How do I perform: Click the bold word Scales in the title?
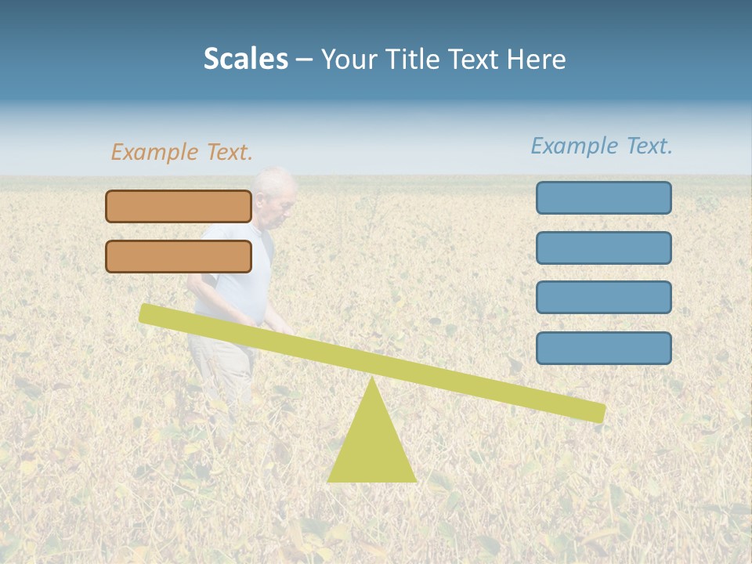tap(245, 59)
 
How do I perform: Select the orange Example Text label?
tap(182, 152)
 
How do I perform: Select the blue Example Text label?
tap(602, 146)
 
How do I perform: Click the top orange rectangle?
tap(179, 206)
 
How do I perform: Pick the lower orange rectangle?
tap(179, 256)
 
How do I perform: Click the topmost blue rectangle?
tap(603, 197)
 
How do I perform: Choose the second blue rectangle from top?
tap(603, 248)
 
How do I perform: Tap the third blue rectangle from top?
tap(603, 298)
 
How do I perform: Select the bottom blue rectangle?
tap(603, 348)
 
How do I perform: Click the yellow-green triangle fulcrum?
tap(371, 446)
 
